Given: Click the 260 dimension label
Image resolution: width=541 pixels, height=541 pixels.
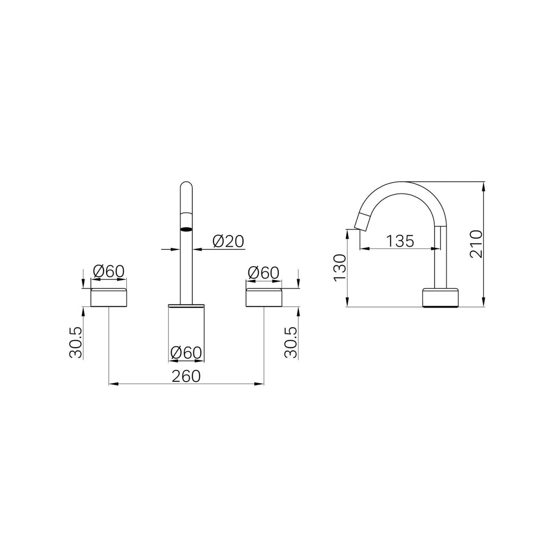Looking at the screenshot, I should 185,376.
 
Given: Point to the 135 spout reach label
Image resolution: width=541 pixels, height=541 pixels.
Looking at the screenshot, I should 399,241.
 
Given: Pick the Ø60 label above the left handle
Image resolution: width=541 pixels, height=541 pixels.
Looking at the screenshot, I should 108,272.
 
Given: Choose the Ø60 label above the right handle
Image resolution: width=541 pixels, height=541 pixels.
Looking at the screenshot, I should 263,273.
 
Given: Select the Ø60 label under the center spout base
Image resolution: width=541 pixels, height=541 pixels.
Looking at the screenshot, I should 186,352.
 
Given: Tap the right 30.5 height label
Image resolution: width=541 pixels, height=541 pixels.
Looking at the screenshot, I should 291,342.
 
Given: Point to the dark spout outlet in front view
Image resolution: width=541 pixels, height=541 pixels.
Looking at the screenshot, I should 186,229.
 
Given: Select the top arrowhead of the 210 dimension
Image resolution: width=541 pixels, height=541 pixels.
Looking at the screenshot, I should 484,185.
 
